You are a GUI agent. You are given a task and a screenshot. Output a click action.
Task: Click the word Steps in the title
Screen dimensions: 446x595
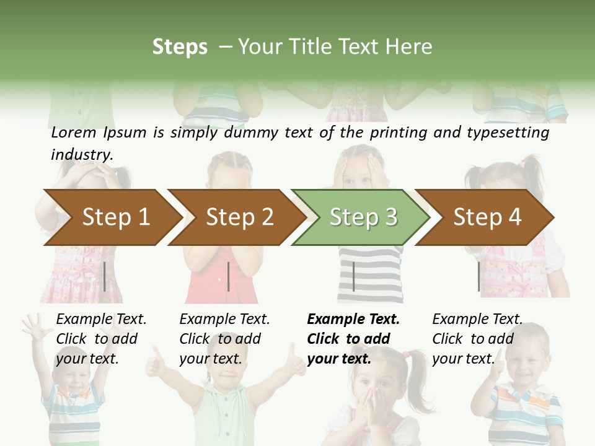180,47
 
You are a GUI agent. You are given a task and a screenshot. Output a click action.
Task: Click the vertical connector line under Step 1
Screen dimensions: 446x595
105,276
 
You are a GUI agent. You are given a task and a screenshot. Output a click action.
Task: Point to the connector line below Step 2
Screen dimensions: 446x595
229,276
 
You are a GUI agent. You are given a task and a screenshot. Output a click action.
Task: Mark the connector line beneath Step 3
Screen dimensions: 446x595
353,276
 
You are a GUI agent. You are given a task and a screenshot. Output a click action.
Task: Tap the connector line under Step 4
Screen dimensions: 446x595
478,276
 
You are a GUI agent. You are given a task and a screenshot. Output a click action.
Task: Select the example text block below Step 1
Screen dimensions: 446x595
101,338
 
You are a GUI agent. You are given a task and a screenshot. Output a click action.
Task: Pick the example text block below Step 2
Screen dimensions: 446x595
224,338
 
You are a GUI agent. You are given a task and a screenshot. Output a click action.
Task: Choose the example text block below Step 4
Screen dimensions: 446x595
477,338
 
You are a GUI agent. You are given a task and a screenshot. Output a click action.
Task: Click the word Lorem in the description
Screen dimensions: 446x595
74,133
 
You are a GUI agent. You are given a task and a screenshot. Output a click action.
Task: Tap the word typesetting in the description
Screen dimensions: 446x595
513,133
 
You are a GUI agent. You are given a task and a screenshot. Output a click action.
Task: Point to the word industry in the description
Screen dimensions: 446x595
82,155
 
